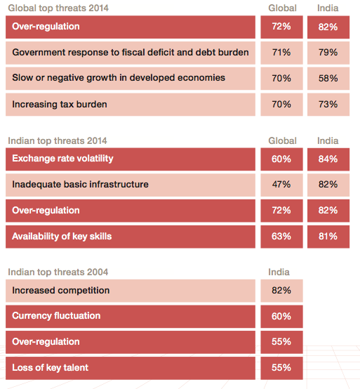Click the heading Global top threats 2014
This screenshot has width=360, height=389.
pos(58,8)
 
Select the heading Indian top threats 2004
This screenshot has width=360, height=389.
pos(58,272)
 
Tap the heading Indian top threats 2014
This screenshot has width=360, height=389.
pos(58,141)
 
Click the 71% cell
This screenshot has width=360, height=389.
pos(281,53)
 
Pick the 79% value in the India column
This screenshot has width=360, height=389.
pos(328,53)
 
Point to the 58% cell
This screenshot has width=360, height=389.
pos(328,79)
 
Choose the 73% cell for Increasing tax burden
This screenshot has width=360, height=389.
pos(328,105)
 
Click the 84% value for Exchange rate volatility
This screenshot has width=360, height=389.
pos(328,159)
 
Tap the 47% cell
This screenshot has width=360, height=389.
pos(281,185)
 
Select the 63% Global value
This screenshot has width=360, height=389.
pos(281,237)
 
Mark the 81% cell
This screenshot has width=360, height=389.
pos(328,237)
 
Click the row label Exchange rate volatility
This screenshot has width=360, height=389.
pos(62,159)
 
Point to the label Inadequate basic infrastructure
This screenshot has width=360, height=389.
pos(80,185)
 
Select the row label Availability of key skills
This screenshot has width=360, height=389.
pos(62,237)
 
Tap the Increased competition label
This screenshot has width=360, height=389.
pos(61,291)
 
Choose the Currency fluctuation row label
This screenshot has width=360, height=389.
pos(56,316)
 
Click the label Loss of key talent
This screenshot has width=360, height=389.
pos(50,368)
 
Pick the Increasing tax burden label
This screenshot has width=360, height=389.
pos(60,105)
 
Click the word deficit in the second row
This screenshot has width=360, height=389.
pos(161,53)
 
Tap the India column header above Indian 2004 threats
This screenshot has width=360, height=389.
pos(279,272)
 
